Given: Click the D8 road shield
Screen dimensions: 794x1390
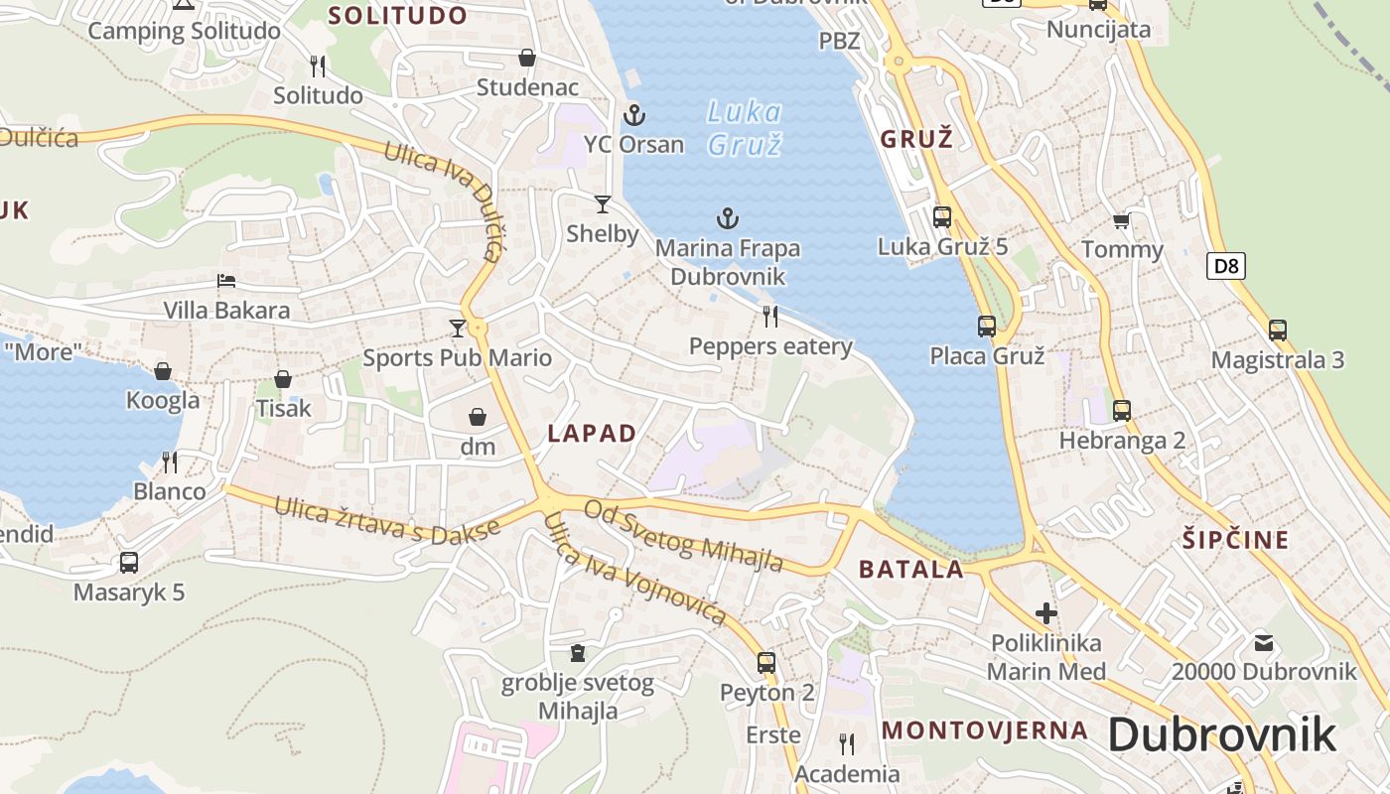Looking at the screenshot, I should point(1227,266).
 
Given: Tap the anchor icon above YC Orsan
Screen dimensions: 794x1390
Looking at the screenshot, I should point(633,115).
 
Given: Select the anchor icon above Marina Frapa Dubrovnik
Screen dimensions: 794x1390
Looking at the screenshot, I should point(729,218).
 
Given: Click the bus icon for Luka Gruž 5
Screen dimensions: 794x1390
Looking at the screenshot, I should point(942,216).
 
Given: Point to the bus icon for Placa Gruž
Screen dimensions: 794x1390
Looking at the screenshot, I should point(987,326).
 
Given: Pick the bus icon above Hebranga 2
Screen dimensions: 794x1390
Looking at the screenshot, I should point(1122,410).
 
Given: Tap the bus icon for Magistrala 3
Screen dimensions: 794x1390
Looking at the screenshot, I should point(1278,331).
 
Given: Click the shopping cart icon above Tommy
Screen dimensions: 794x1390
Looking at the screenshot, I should point(1122,220).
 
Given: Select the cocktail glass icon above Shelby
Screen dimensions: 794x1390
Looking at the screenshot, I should point(603,204).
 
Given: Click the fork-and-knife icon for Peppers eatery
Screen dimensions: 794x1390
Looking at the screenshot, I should point(770,317).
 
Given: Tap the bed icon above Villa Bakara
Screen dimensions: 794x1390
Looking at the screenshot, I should point(226,281).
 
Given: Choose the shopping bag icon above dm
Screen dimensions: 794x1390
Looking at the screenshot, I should point(478,417).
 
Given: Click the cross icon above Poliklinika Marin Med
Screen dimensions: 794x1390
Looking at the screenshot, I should point(1046,613).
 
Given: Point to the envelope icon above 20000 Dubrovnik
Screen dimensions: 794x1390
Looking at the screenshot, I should point(1263,642).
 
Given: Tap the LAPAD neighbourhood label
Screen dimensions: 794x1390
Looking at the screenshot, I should point(592,433).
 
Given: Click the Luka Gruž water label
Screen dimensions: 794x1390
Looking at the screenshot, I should point(745,128).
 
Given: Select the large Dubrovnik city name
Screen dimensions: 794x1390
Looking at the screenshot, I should point(1221,735).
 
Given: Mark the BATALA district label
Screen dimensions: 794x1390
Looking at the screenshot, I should point(910,570).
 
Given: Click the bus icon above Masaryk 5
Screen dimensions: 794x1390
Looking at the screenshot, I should point(129,563).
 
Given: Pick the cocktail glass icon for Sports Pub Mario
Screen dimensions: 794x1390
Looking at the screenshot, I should point(457,328).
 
